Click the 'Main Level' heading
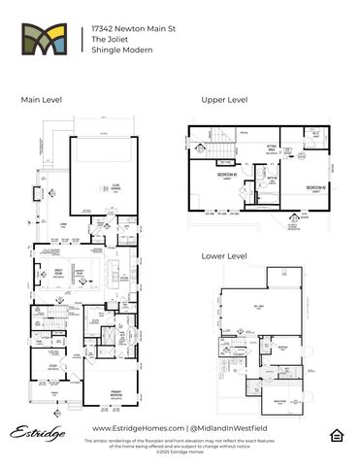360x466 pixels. point(41,99)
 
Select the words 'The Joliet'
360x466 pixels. point(107,42)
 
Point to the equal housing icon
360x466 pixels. point(336,433)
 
